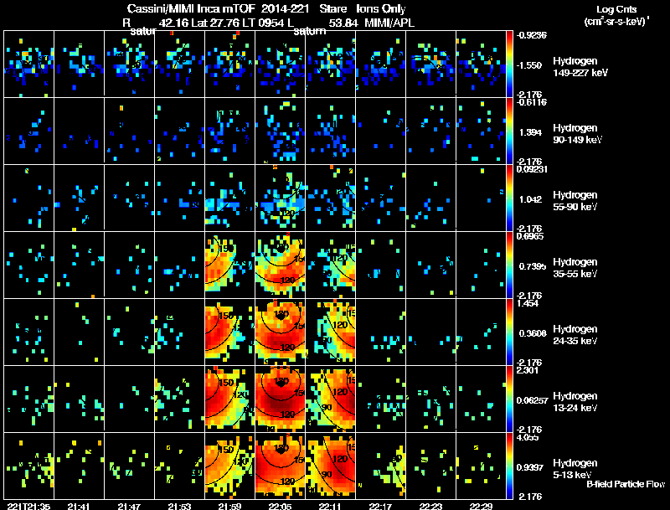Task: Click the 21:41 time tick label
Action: click(x=79, y=506)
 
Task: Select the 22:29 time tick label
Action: click(x=482, y=506)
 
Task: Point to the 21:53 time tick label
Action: click(x=179, y=506)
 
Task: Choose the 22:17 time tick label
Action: click(x=381, y=506)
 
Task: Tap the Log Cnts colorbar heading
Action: click(x=616, y=8)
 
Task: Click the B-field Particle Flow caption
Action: click(x=625, y=483)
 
